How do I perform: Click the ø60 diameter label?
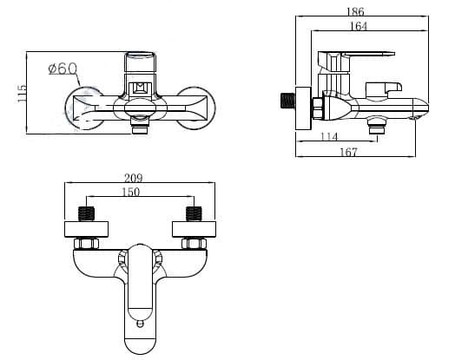click(63, 69)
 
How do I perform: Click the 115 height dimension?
click(22, 93)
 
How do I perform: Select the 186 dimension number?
click(355, 11)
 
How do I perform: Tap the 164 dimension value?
click(359, 26)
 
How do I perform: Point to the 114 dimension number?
click(329, 136)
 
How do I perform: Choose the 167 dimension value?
click(348, 152)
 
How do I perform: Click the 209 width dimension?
click(134, 178)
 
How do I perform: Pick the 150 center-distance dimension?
click(130, 192)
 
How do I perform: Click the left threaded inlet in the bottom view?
click(87, 214)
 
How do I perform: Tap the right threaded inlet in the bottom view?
click(194, 214)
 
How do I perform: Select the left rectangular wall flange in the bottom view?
click(87, 229)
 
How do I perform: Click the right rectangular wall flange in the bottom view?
click(194, 229)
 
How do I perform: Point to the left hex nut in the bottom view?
click(87, 244)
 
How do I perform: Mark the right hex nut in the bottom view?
click(194, 244)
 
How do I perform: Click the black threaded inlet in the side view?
click(288, 101)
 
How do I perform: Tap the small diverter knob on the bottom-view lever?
click(140, 323)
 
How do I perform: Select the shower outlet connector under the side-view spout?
click(377, 126)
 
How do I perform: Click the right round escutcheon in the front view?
click(196, 108)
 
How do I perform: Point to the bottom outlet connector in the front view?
click(140, 125)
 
